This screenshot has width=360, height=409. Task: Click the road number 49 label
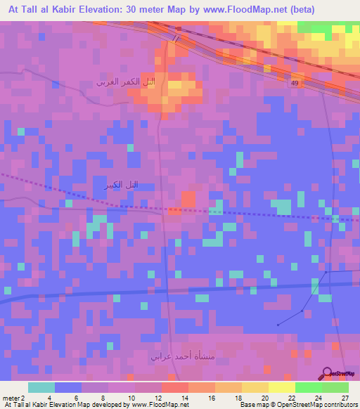click(x=295, y=83)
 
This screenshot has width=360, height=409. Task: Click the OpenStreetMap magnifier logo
click(x=326, y=372)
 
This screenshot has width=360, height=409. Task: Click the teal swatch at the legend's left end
click(x=41, y=387)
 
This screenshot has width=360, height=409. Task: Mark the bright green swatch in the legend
click(x=308, y=387)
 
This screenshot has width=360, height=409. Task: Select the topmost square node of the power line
click(x=326, y=273)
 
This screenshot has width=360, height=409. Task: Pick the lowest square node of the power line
click(x=278, y=325)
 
